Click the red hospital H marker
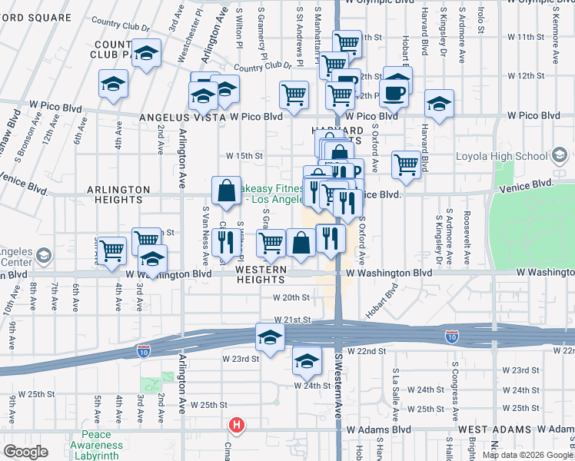[x=238, y=424]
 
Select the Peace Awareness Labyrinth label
[x=96, y=449]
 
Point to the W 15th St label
[x=244, y=155]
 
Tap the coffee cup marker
[x=395, y=91]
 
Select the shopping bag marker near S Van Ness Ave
[x=227, y=191]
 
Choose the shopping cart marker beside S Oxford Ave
[x=406, y=164]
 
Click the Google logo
[x=26, y=452]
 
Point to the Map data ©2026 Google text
[x=527, y=455]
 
